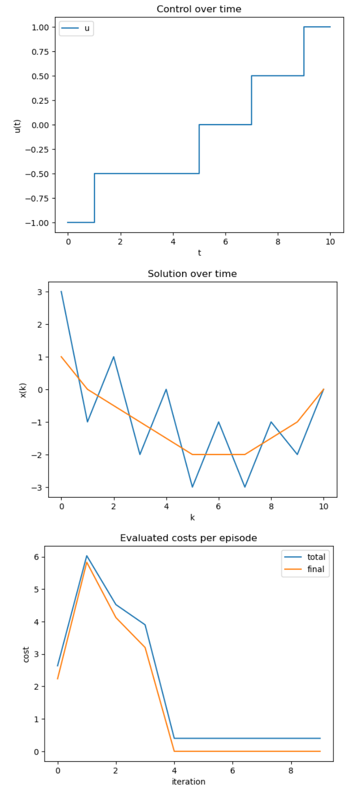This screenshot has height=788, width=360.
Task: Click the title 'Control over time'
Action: [x=199, y=9]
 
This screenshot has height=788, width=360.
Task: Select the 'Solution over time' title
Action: [x=192, y=273]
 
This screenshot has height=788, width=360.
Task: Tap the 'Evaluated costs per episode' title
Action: [x=188, y=538]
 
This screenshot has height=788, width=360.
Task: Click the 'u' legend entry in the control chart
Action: [x=87, y=28]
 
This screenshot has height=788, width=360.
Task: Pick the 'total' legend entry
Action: [x=316, y=557]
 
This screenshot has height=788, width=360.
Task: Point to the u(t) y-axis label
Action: [x=17, y=125]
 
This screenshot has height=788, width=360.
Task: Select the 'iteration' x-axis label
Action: [x=188, y=781]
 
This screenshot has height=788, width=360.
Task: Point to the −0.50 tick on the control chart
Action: [x=39, y=174]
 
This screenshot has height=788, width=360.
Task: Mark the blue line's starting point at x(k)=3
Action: [x=62, y=292]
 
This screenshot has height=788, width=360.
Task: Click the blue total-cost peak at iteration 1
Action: [x=87, y=556]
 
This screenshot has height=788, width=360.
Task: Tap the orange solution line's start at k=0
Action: [x=62, y=357]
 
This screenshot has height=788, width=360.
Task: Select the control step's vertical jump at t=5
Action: [x=199, y=149]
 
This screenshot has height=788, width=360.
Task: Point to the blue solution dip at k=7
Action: [x=245, y=487]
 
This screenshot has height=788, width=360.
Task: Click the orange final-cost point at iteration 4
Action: [x=174, y=751]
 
